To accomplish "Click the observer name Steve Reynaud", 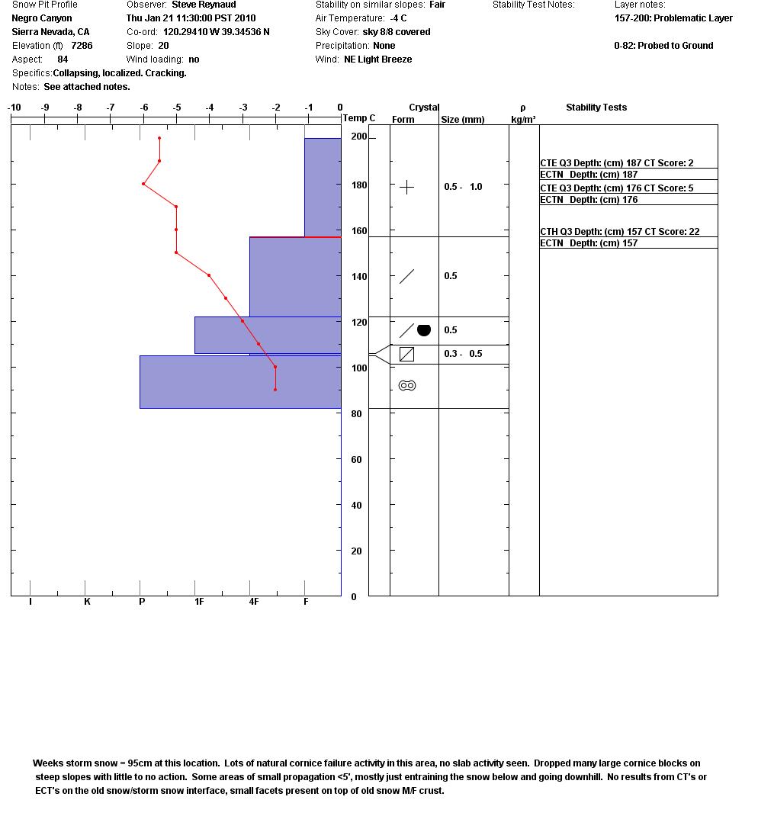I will [204, 5].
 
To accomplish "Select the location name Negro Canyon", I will [42, 18].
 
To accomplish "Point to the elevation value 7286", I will [82, 46].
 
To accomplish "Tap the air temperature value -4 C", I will [398, 18].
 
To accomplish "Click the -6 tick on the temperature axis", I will [144, 108].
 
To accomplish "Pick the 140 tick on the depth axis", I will [358, 277].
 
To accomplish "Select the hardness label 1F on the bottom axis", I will [199, 602].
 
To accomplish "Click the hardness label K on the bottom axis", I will [87, 602].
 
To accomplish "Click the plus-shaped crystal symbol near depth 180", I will [406, 187].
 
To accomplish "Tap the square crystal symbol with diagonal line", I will [406, 354].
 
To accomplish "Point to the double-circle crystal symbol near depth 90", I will [407, 386].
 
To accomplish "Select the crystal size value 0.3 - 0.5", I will [463, 354].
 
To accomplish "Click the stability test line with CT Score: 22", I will [619, 232].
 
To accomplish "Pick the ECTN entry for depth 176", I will [589, 200].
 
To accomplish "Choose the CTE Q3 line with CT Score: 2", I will [616, 163].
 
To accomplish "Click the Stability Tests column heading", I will [596, 108].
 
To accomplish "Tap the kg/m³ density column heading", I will [523, 120].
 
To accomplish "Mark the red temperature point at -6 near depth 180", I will [143, 184].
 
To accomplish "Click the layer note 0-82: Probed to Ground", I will [663, 46].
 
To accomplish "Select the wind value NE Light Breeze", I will [377, 59].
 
